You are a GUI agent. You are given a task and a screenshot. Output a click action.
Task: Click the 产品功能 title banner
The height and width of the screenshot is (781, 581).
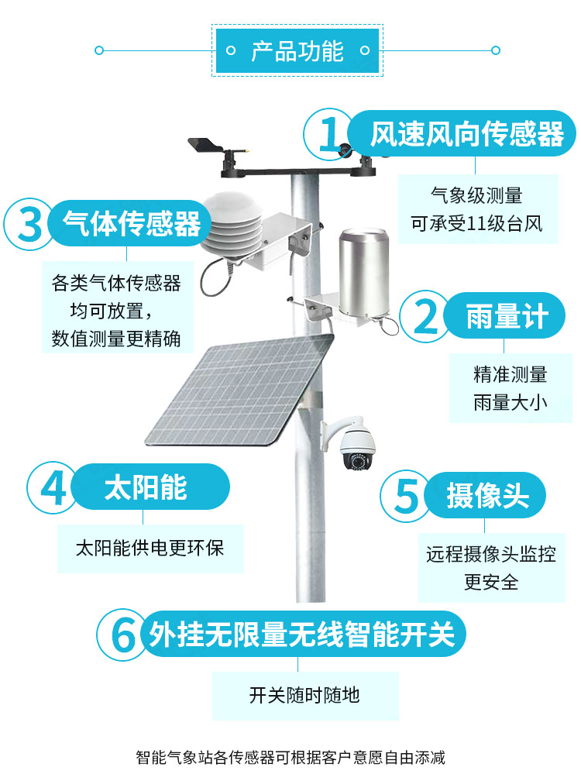click(297, 50)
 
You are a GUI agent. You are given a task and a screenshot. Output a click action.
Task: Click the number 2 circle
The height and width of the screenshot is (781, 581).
click(425, 316)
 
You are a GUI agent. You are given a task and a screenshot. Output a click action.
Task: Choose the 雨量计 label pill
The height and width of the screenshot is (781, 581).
click(504, 316)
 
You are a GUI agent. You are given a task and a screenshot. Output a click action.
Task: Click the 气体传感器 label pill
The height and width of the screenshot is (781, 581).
click(130, 223)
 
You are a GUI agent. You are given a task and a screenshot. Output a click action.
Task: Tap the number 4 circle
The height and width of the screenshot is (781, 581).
click(52, 487)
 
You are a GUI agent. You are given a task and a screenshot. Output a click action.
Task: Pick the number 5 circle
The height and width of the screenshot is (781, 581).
click(405, 496)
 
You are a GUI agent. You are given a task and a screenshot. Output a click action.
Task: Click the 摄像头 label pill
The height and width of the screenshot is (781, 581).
click(485, 496)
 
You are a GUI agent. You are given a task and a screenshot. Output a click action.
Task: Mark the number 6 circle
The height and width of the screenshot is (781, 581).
click(122, 635)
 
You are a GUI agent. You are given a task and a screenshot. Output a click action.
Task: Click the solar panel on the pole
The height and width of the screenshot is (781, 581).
click(239, 390)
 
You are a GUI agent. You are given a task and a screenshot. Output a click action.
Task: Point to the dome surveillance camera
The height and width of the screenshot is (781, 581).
click(351, 445)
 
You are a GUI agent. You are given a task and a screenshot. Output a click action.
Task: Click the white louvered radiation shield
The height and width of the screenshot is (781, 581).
click(232, 224)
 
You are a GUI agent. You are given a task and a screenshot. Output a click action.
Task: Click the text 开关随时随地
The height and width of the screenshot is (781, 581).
click(304, 695)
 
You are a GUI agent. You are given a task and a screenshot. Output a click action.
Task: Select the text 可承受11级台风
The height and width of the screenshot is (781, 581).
click(476, 223)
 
